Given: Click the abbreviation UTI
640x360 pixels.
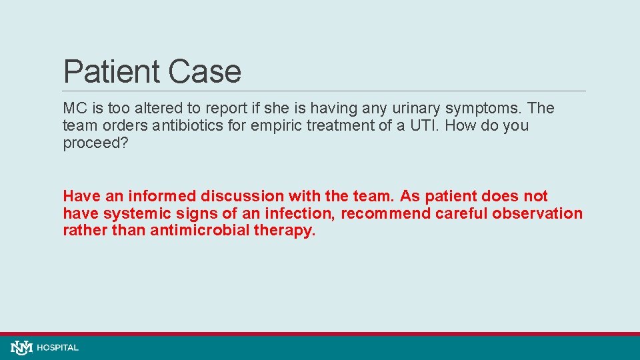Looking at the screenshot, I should pos(421,126).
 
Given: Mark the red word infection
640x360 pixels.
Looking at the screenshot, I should pos(303,213).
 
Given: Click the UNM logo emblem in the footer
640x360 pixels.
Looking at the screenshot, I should pos(21,347).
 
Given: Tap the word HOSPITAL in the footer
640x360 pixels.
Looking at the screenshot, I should pos(58,347).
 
